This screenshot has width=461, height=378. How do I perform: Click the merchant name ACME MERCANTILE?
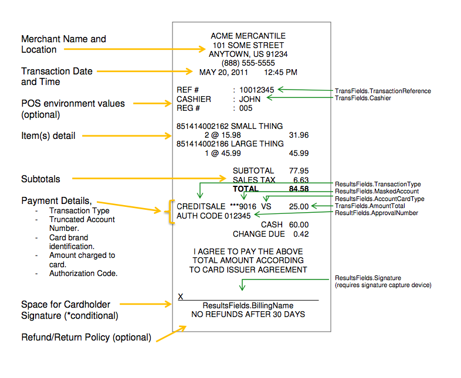(248, 36)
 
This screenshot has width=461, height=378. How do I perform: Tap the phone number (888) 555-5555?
(248, 63)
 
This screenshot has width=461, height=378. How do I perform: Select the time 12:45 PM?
(280, 72)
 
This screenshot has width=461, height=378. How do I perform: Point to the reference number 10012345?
(257, 90)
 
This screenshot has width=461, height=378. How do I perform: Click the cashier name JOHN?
(250, 99)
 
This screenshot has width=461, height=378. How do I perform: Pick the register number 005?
(246, 108)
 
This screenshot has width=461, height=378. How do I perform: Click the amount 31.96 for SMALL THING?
(299, 135)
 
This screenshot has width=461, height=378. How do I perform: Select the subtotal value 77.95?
(299, 171)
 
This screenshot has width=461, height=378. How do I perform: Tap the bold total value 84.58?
(299, 189)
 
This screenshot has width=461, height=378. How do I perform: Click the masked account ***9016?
(243, 207)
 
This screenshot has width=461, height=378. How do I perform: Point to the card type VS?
(266, 207)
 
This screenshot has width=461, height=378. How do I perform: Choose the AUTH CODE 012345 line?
(213, 216)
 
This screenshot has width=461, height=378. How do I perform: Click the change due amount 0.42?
(301, 234)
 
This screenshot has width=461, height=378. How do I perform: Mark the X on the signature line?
(181, 297)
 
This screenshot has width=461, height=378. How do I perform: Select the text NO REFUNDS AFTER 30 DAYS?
(248, 315)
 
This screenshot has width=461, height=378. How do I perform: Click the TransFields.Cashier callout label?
(363, 98)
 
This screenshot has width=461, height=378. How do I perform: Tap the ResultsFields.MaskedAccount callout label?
(377, 192)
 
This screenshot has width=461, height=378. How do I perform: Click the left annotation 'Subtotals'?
(40, 179)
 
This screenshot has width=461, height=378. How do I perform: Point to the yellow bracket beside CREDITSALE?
(170, 212)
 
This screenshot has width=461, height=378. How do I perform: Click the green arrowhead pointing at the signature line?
(242, 288)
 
